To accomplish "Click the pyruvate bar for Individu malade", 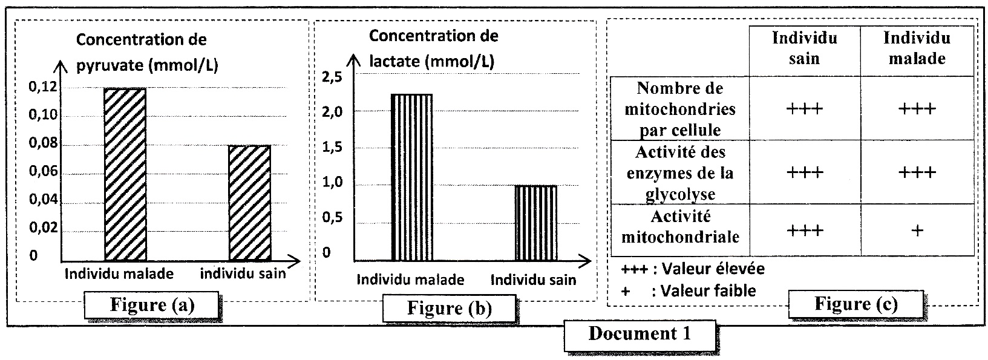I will tap(125, 174).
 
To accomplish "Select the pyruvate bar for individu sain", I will tap(249, 203).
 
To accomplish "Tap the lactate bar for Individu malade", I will tap(411, 177).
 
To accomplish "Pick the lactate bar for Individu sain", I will tap(535, 223).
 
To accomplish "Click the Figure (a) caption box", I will tap(152, 305).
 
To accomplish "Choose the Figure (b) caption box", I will tap(449, 308).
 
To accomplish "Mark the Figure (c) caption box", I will tap(856, 304).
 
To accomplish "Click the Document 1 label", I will tap(640, 333).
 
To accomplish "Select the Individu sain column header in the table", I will tap(804, 48).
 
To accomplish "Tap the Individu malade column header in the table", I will tap(917, 48).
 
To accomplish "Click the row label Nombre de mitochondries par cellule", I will tap(679, 110).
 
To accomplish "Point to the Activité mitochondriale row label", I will tap(679, 226).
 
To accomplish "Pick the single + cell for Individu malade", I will tap(917, 231).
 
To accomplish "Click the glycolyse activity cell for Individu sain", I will tap(805, 172).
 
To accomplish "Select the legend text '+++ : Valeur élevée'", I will tap(693, 268).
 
